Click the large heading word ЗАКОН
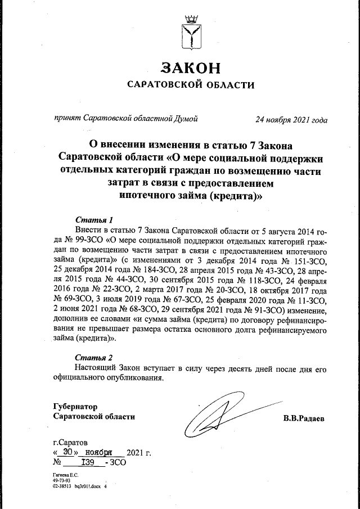[191, 68]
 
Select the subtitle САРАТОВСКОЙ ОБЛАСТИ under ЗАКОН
[191, 85]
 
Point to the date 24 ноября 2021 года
[291, 119]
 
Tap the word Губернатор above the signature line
[75, 406]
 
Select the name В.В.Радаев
[304, 418]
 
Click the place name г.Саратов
[70, 442]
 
